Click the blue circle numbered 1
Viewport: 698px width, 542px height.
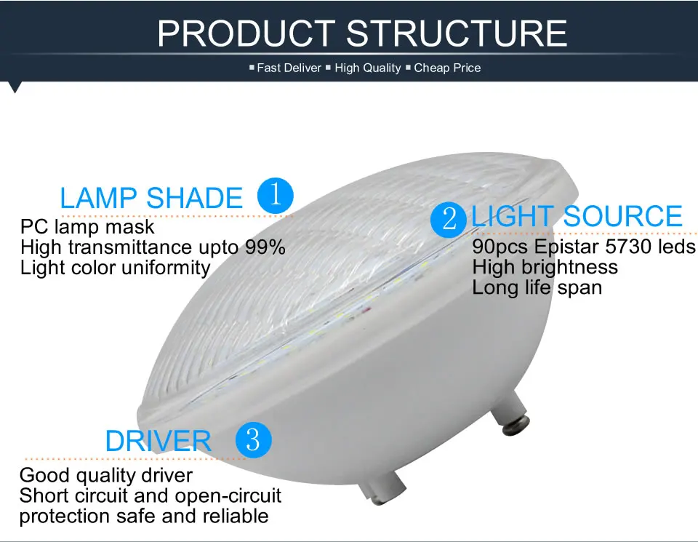pyautogui.click(x=276, y=196)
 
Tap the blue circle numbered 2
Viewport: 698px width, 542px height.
pyautogui.click(x=449, y=219)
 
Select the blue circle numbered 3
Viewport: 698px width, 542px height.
pyautogui.click(x=253, y=439)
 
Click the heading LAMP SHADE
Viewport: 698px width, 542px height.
pyautogui.click(x=151, y=198)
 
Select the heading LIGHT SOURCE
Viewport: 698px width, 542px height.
pyautogui.click(x=577, y=216)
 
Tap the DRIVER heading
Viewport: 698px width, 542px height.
pyautogui.click(x=158, y=441)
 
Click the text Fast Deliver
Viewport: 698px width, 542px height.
pyautogui.click(x=289, y=68)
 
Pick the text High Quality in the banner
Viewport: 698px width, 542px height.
pyautogui.click(x=368, y=68)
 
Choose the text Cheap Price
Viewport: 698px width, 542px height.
pyautogui.click(x=447, y=68)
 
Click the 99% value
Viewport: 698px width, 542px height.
pyautogui.click(x=265, y=247)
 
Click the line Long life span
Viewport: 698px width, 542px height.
pyautogui.click(x=537, y=287)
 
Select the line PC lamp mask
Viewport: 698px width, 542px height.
pyautogui.click(x=87, y=227)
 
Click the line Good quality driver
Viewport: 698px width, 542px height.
pyautogui.click(x=106, y=475)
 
